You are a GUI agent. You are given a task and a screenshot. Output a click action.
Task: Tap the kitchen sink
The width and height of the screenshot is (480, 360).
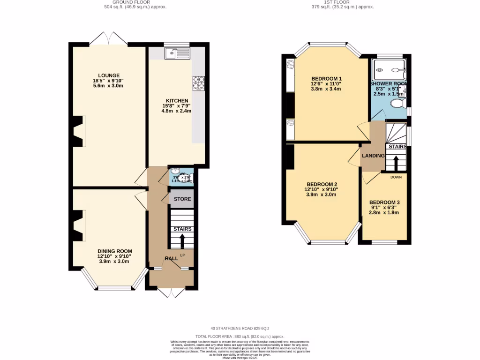point(177,53)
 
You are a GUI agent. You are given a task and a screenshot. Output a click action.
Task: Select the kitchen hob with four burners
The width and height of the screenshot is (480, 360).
point(198,83)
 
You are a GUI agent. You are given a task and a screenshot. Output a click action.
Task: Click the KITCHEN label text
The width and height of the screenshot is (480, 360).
point(177,101)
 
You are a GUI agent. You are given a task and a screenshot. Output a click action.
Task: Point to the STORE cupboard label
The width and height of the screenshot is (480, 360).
point(182,199)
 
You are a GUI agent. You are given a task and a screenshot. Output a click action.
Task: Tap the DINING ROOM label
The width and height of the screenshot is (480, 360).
point(114,251)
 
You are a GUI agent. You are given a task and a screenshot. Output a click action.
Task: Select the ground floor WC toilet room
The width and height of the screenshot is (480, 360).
point(181,176)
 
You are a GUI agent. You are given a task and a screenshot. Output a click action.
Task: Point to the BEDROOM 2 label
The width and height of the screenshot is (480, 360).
point(322,184)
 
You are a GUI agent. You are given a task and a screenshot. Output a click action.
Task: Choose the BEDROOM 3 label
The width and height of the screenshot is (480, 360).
point(384,202)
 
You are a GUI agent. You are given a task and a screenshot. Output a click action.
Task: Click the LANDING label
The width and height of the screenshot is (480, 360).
point(373,156)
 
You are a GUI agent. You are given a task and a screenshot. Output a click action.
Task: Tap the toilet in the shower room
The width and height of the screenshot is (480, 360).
point(398,104)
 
